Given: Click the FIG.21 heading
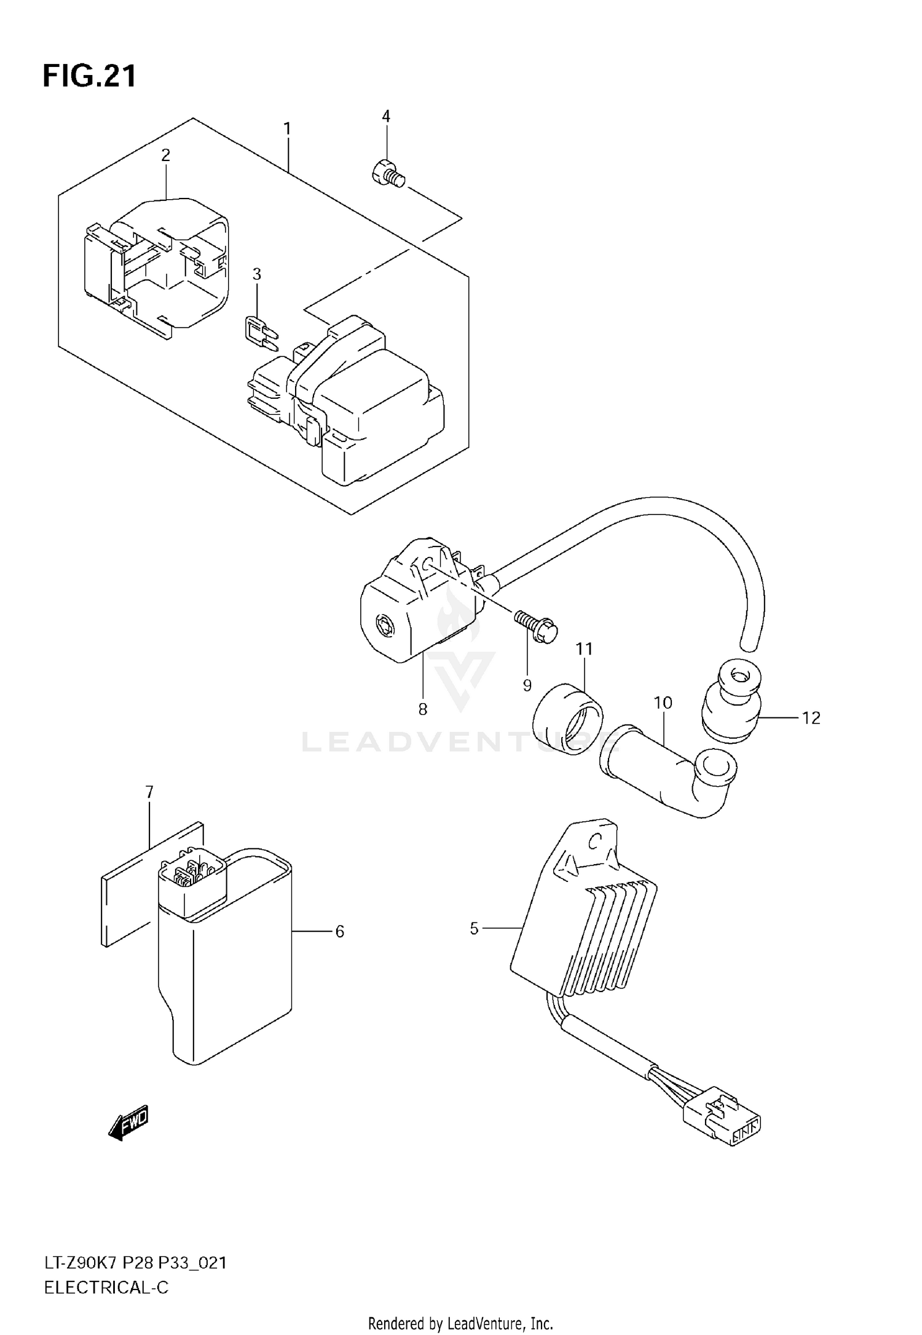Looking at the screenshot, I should tap(90, 77).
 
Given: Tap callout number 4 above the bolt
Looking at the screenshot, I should tap(386, 116).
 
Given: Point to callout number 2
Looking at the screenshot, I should tap(165, 155).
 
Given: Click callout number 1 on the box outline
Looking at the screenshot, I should tap(287, 129).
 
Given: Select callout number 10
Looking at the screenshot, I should tap(663, 703).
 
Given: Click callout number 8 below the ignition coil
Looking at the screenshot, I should tap(423, 709).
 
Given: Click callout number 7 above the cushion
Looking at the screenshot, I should tap(149, 792).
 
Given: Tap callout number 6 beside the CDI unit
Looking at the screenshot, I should tap(339, 932).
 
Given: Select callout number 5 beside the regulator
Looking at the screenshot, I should tap(474, 929).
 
